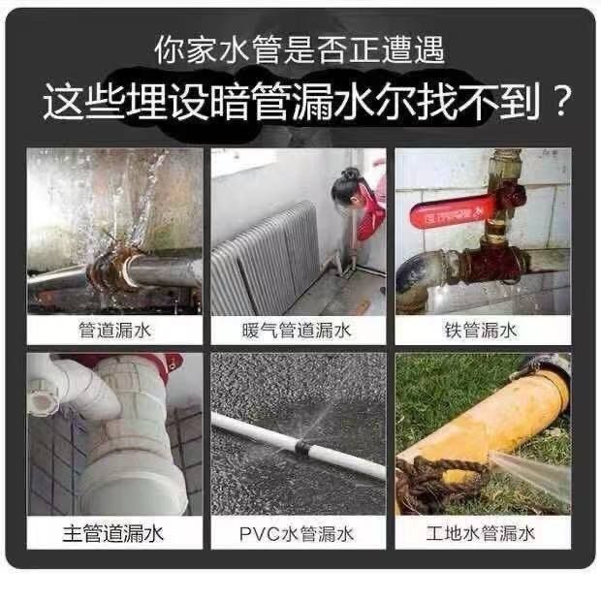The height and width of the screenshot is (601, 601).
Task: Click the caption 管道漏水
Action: click(114, 331)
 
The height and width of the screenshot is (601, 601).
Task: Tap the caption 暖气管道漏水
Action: click(297, 331)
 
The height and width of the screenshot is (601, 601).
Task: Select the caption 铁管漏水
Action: click(481, 331)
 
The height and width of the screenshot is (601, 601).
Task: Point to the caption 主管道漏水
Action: click(113, 534)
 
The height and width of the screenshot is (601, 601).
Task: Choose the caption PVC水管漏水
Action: click(297, 534)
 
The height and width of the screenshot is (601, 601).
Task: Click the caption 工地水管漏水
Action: click(480, 533)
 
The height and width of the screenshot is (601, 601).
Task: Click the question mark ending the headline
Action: click(560, 101)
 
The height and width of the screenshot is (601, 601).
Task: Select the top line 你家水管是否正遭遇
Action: click(300, 50)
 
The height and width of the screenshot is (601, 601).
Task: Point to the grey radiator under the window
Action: click(267, 261)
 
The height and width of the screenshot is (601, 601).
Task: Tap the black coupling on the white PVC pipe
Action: click(301, 449)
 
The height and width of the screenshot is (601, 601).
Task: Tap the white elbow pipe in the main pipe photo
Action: click(82, 387)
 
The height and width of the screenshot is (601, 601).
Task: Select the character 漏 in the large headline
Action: click(311, 102)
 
